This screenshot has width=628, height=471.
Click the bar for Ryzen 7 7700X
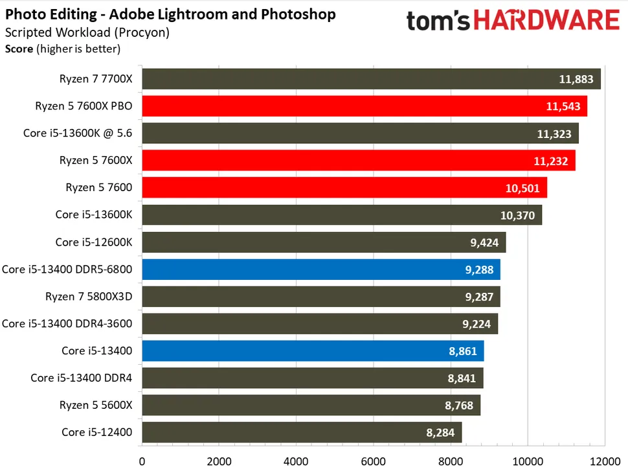coord(371,79)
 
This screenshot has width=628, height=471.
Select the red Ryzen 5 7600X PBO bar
coord(364,106)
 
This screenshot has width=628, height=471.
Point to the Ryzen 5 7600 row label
coord(99,188)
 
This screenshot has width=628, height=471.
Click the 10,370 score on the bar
coord(518,215)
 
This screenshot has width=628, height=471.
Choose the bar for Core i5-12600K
coord(324,242)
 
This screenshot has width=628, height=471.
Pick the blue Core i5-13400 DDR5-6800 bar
coord(320,270)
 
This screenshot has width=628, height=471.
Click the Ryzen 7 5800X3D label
coord(89,297)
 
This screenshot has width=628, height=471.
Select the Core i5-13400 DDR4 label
coord(81,378)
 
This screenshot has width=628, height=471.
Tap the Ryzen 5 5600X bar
coord(311,405)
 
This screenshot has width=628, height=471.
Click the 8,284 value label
coord(442,432)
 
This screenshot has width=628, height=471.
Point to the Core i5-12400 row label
coord(96,432)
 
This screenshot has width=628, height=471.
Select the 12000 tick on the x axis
coord(604,462)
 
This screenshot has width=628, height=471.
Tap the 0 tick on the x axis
coord(142,462)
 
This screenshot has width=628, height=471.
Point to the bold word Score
coord(19,48)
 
